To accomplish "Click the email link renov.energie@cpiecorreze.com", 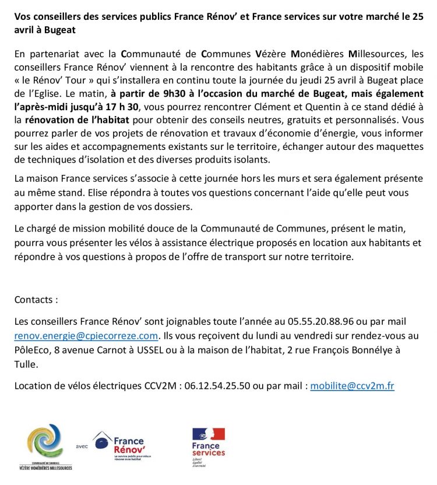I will pos(86,335).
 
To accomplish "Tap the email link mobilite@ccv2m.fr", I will pos(352,386).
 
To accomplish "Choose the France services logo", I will pos(208,447).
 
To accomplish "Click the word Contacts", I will pos(36,300).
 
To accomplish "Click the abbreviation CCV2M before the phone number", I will pos(161,386).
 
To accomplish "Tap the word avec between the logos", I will pos(82,447).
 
